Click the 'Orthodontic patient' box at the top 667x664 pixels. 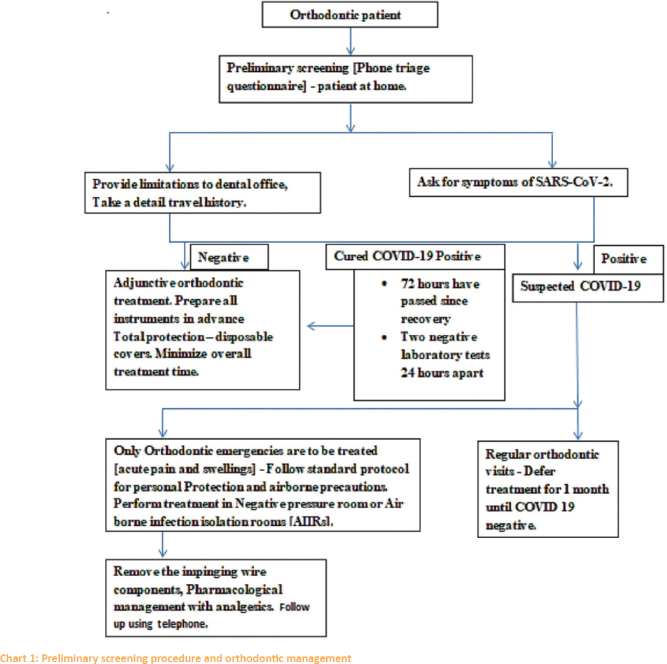[x=350, y=15]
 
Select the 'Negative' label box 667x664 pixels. [x=229, y=257]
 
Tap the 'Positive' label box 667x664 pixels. [x=628, y=259]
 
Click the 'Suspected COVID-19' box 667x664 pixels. [x=588, y=288]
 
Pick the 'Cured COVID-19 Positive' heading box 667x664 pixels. [x=415, y=257]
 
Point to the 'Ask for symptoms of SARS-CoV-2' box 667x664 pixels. [x=518, y=182]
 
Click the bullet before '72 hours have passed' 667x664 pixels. [x=384, y=284]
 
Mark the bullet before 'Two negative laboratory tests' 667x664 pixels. [x=384, y=337]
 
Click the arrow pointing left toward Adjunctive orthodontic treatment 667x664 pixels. [x=330, y=326]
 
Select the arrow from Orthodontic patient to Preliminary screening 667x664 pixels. [x=350, y=41]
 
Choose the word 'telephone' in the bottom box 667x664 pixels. [x=182, y=624]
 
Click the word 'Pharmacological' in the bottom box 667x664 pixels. [x=235, y=590]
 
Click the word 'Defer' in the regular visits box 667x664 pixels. [x=539, y=472]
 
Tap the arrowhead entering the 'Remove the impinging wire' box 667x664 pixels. [x=163, y=554]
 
